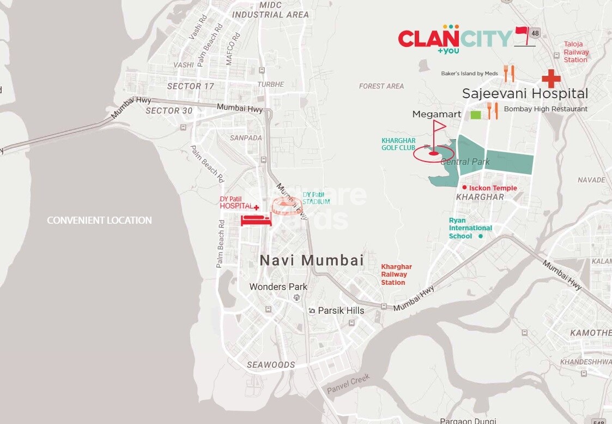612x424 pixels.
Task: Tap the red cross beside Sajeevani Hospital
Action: coord(551,79)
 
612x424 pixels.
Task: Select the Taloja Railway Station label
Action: coord(576,52)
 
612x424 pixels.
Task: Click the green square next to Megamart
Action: coord(476,115)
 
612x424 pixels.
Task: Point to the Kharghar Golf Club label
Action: coord(398,144)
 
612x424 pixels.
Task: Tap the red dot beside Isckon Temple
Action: coord(464,187)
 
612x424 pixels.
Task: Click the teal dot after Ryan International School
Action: coord(480,236)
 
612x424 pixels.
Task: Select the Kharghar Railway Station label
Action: coord(396,274)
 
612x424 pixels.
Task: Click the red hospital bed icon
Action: coord(257,219)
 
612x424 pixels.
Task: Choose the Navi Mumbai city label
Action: coord(311,260)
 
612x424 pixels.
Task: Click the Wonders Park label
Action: coord(278,286)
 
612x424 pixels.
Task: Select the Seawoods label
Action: coord(271,365)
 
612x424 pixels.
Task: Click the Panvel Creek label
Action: coord(348,384)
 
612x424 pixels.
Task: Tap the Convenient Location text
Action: coord(99,220)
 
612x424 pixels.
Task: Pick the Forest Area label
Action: coord(381,86)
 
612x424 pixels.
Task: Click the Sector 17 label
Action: coord(191,86)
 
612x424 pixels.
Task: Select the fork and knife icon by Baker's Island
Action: coord(508,74)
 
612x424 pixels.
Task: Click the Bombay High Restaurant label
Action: coord(546,109)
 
